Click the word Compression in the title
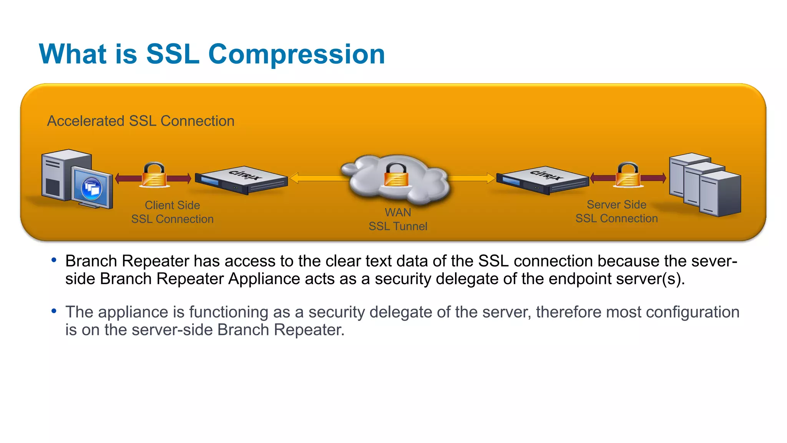pyautogui.click(x=296, y=54)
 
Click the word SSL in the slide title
pyautogui.click(x=173, y=54)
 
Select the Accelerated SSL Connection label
pyautogui.click(x=141, y=121)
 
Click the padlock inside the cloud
pyautogui.click(x=396, y=175)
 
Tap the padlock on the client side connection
pyautogui.click(x=154, y=176)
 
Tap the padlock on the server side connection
pyautogui.click(x=628, y=176)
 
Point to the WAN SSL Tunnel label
pyautogui.click(x=398, y=220)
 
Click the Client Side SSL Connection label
pyautogui.click(x=172, y=212)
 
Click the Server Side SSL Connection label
pyautogui.click(x=616, y=212)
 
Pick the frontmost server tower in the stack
pyautogui.click(x=719, y=194)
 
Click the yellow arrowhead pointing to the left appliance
pyautogui.click(x=294, y=178)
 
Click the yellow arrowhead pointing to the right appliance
pyautogui.click(x=491, y=178)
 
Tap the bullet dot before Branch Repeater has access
pyautogui.click(x=54, y=260)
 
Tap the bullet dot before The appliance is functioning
pyautogui.click(x=54, y=310)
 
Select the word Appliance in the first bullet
pyautogui.click(x=264, y=279)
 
